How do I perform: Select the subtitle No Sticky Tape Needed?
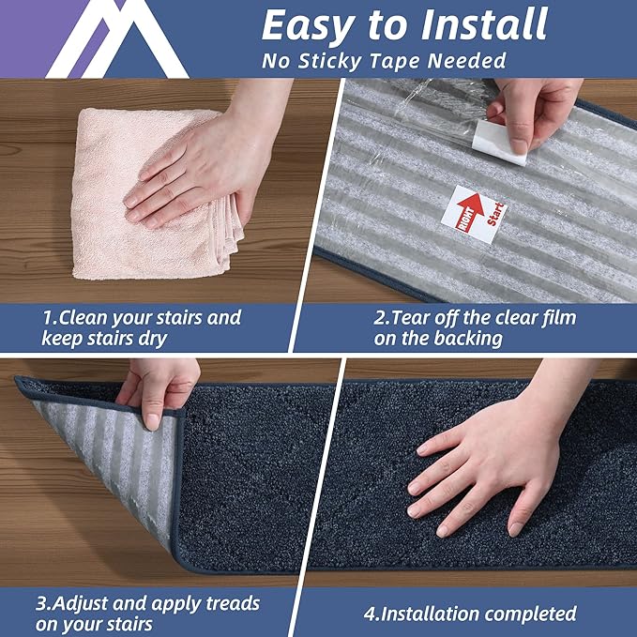point(384,62)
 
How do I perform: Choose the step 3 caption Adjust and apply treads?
point(150,613)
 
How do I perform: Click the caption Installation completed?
point(469,614)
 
